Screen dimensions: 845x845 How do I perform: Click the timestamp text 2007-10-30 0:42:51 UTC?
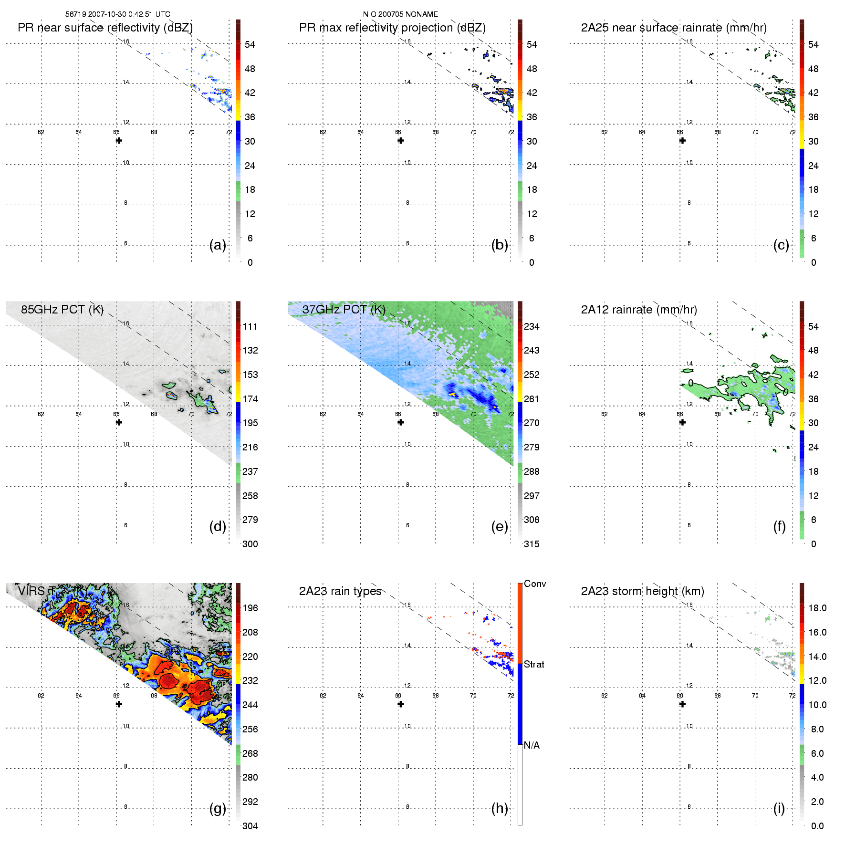click(129, 14)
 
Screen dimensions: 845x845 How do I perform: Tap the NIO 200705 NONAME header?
click(400, 14)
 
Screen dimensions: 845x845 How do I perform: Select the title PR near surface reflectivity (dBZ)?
click(105, 28)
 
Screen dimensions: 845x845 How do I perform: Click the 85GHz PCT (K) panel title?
click(62, 310)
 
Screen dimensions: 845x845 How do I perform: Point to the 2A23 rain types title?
click(340, 591)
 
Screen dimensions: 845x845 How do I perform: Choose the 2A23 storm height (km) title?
click(642, 591)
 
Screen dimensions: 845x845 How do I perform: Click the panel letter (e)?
click(499, 527)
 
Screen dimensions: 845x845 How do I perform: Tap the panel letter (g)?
click(218, 808)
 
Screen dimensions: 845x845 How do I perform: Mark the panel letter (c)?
click(781, 245)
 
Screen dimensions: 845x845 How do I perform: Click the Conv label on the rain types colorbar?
click(535, 584)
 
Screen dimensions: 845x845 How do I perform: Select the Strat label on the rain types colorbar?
click(534, 664)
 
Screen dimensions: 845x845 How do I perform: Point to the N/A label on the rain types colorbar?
click(532, 745)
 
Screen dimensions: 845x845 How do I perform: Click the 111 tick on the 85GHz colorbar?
click(250, 326)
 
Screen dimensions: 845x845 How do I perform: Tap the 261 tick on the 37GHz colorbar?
click(532, 399)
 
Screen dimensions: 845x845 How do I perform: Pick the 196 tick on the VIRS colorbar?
click(250, 608)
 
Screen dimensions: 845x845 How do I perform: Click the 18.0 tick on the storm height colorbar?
click(817, 608)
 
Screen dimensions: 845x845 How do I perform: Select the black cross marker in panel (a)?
click(119, 141)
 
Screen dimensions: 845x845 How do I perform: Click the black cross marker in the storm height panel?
click(682, 704)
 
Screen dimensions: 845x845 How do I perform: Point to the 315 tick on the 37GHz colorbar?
click(532, 544)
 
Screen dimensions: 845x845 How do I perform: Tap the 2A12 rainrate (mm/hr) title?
click(639, 310)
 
